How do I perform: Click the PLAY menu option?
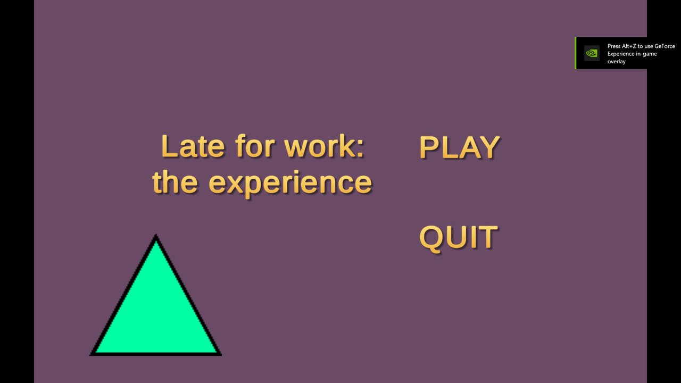pos(459,147)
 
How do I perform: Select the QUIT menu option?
pos(459,237)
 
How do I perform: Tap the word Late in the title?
pos(193,146)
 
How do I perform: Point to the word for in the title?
pos(255,146)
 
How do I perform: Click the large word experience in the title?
pos(290,184)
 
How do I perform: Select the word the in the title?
pos(175,181)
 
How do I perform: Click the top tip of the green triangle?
pos(156,235)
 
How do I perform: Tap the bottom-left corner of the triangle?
pos(90,355)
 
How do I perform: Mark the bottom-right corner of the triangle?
pos(221,355)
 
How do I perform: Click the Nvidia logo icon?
pos(592,53)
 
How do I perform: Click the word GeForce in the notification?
pos(665,46)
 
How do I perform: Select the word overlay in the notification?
pos(617,61)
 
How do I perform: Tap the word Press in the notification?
pos(614,46)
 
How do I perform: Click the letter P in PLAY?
pos(429,147)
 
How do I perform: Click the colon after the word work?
pos(361,148)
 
